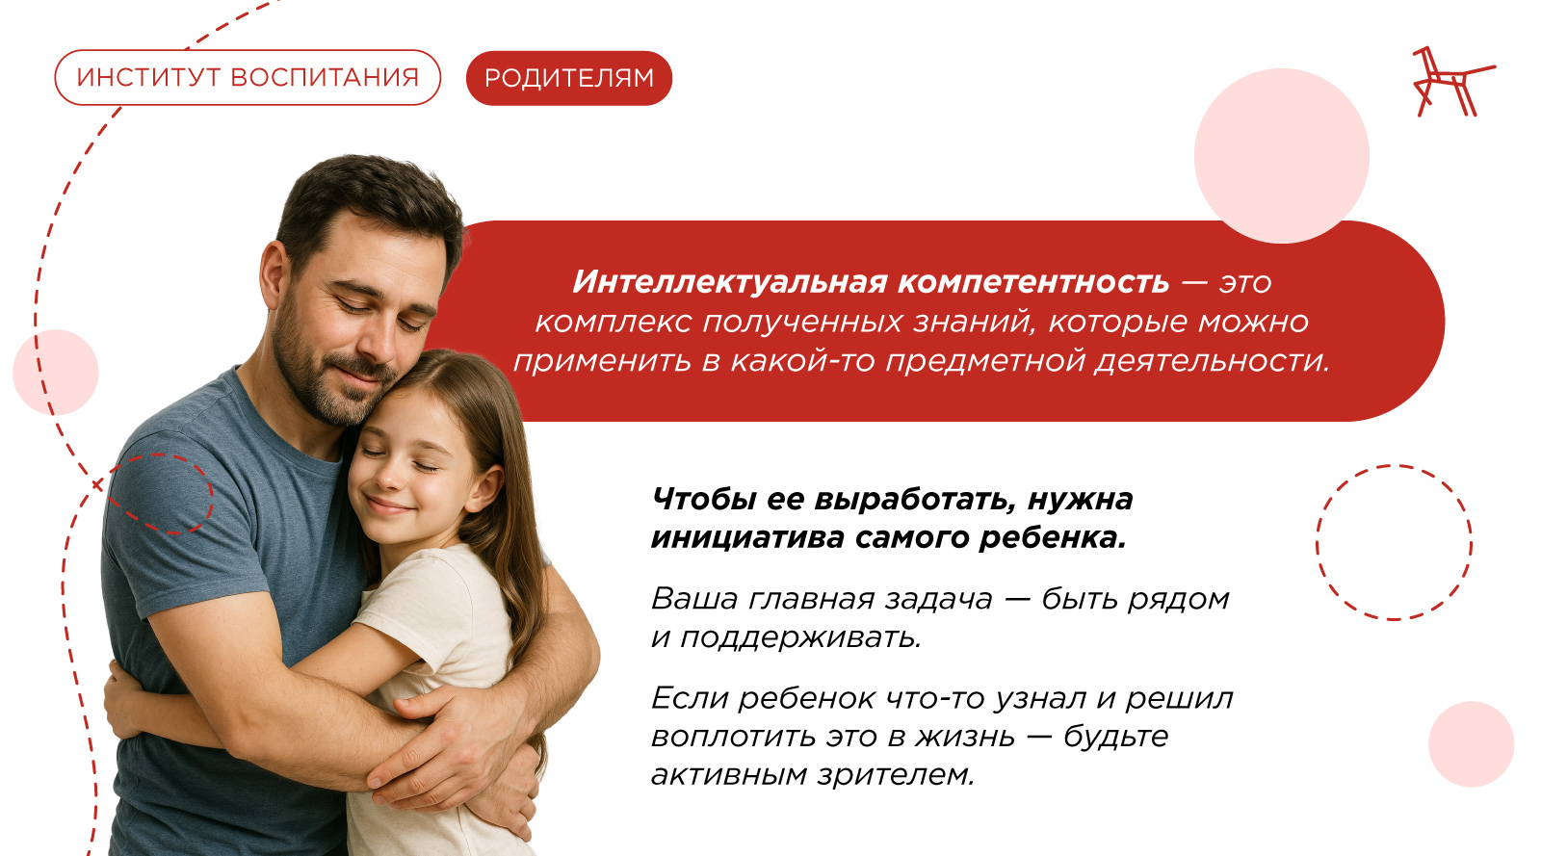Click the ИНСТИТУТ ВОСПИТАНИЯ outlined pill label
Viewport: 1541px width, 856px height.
point(248,78)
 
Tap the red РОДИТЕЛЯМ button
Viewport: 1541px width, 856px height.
point(569,78)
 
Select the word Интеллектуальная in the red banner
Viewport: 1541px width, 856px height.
point(730,282)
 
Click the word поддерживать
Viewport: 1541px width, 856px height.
point(800,638)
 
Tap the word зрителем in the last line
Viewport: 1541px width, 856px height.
point(896,775)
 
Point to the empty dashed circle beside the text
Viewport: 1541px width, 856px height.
point(1318,543)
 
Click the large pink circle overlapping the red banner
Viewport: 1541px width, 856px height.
point(1282,155)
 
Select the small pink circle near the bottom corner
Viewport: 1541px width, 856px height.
point(1471,744)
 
